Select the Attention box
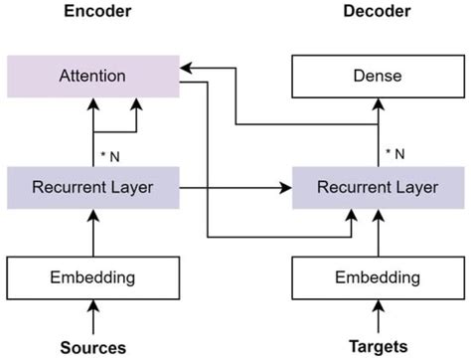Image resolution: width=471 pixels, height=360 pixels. tap(93, 77)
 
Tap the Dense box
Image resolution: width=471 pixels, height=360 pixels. tap(378, 77)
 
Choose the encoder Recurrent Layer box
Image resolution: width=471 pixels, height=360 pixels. tap(93, 186)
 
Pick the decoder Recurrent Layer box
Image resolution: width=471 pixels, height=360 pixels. tap(378, 186)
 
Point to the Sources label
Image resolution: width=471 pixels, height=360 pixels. tap(93, 347)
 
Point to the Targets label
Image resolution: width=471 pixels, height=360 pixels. tap(378, 347)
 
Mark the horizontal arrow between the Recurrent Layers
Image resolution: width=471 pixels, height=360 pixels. tap(235, 186)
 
